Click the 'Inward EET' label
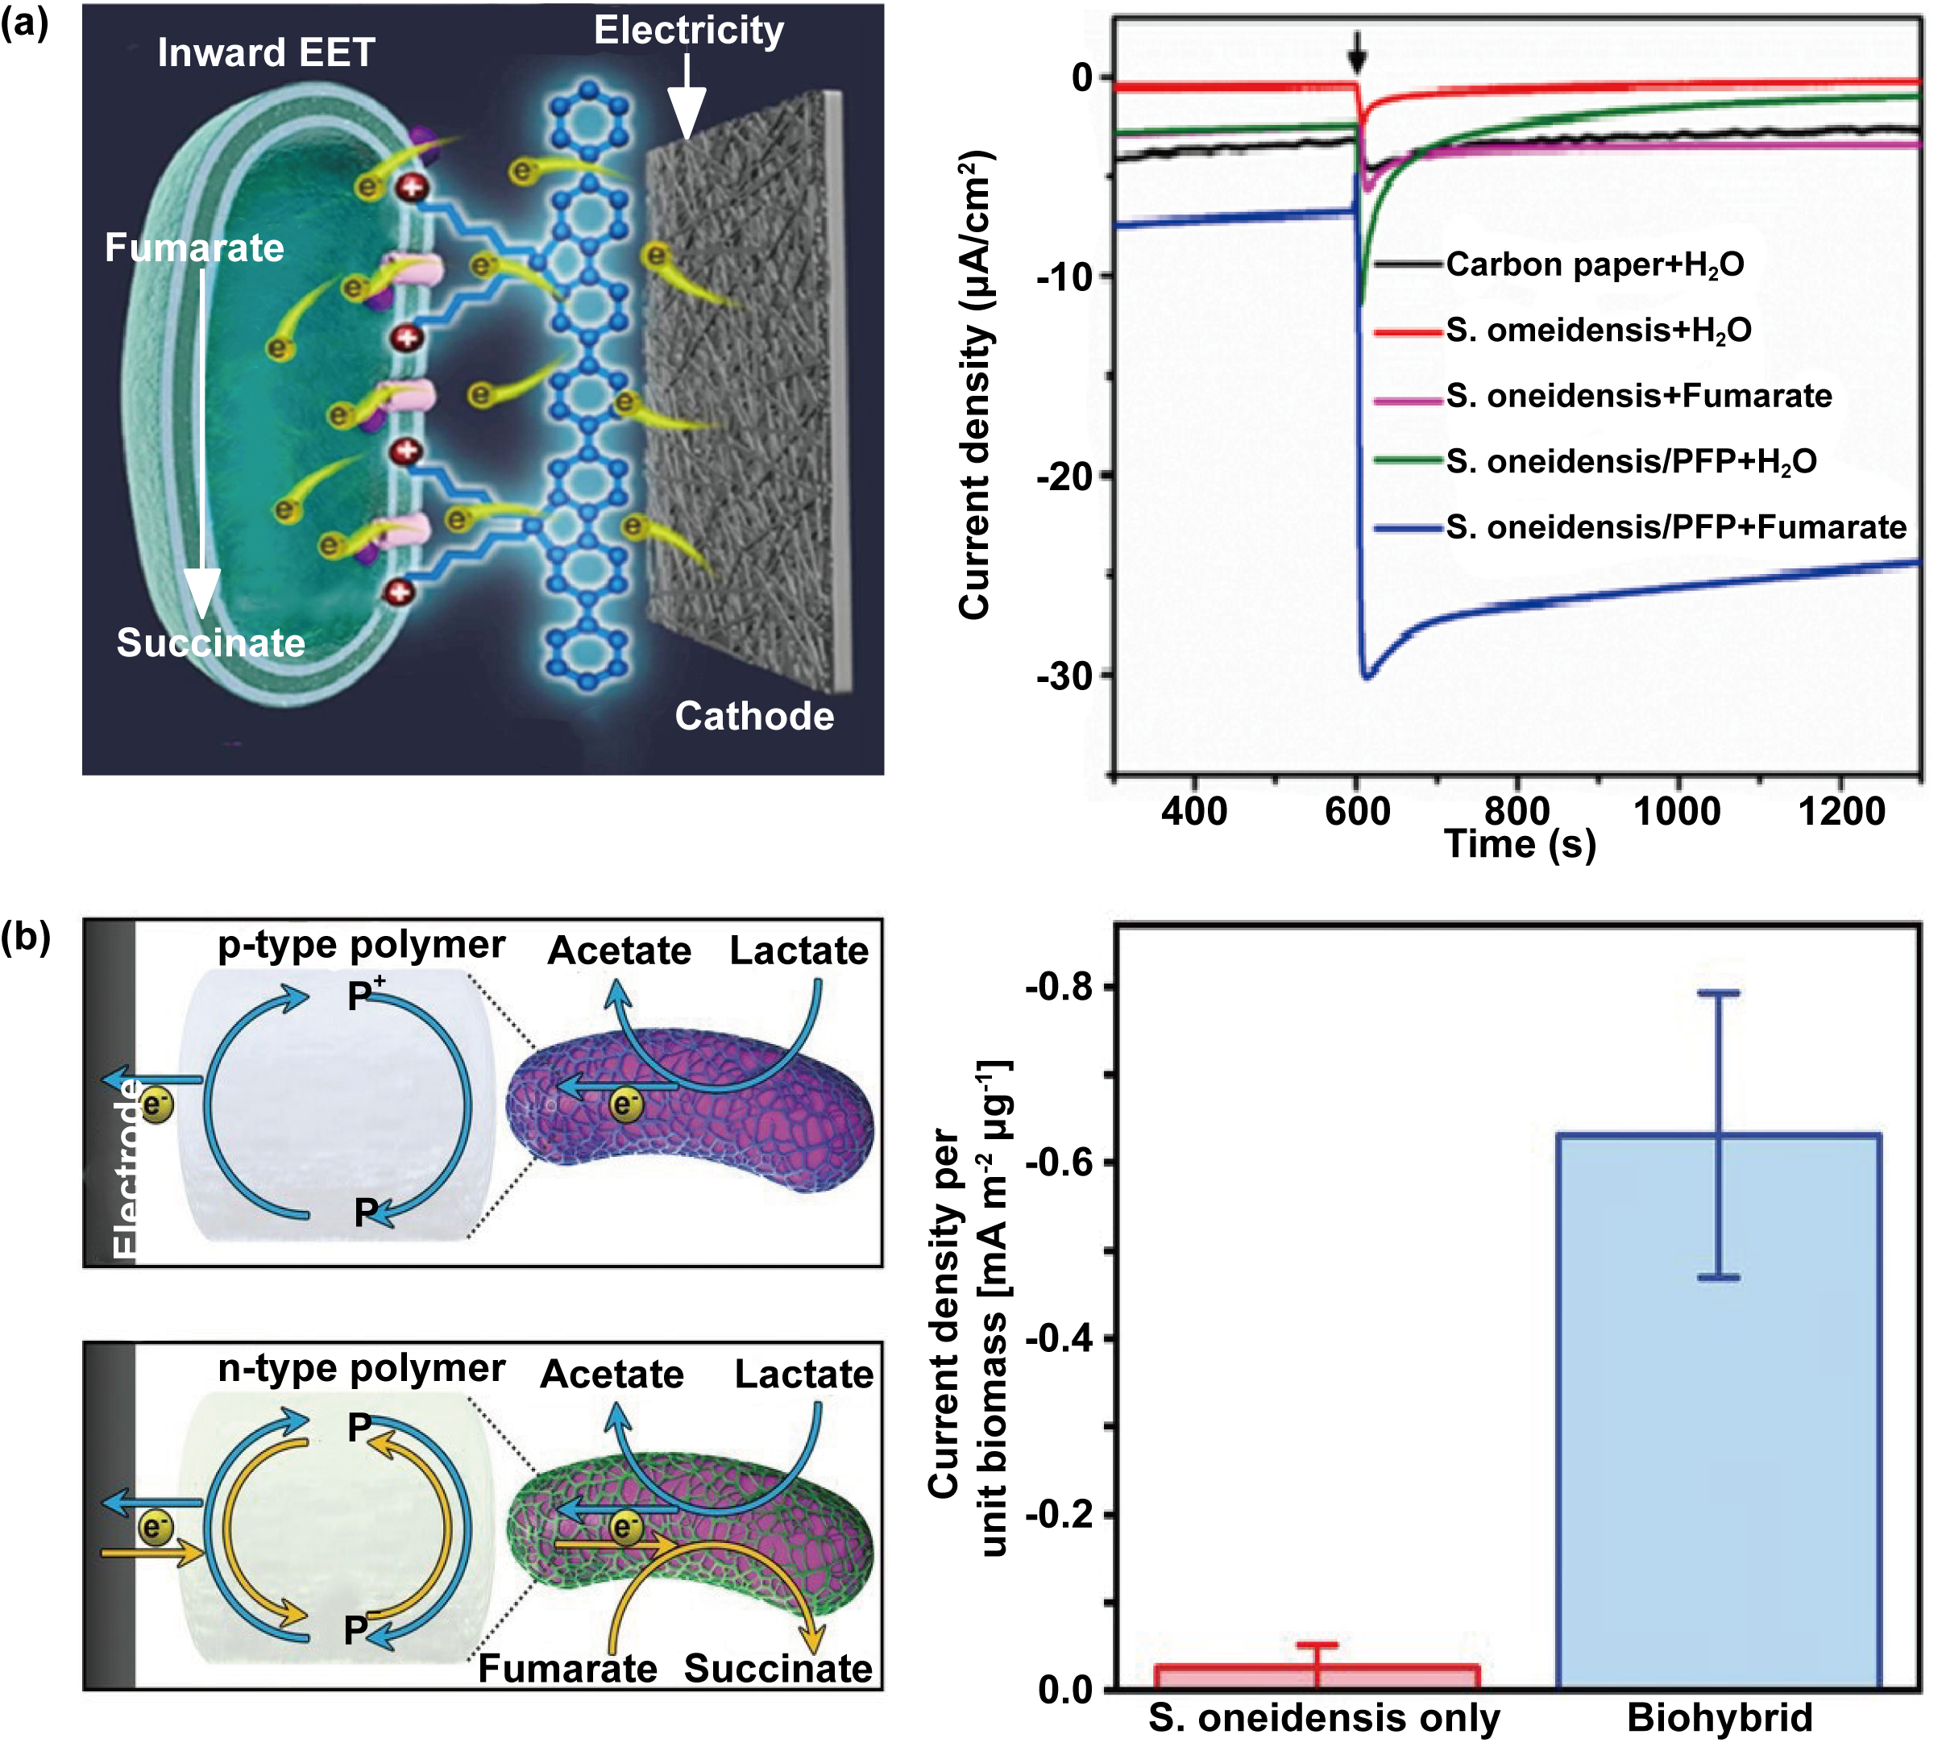266,52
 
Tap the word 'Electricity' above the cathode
688,30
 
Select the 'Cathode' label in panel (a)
754,716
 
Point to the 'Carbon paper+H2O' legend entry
1594,264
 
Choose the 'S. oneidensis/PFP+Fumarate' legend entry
1675,527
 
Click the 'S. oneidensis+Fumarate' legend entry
1639,396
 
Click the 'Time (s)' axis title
1520,844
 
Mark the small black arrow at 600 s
1357,52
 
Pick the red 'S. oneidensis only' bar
1317,1676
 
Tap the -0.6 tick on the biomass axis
1060,1163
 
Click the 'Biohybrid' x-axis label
1720,1717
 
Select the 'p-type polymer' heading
361,945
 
